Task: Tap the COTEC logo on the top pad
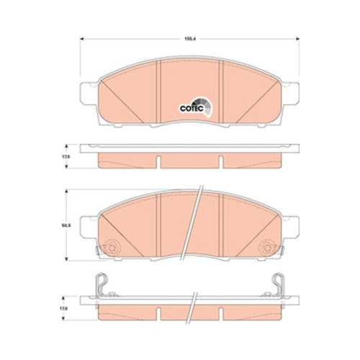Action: [193, 108]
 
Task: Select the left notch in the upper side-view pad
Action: [158, 157]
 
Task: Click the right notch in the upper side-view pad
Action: [224, 157]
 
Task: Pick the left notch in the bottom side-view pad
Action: [158, 307]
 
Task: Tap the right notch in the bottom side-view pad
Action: [224, 307]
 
